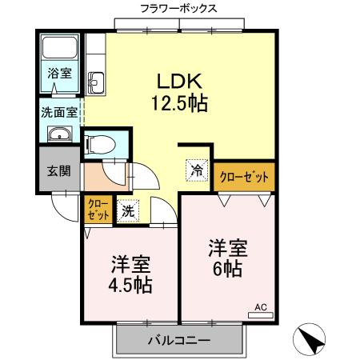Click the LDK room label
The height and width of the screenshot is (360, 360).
[x=183, y=81]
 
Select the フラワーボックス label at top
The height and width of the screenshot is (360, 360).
[x=178, y=10]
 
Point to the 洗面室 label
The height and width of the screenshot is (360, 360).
[x=59, y=112]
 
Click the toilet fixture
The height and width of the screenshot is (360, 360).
[x=100, y=143]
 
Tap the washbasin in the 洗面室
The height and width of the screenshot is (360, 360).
[x=59, y=134]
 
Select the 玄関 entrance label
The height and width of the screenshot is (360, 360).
[x=58, y=170]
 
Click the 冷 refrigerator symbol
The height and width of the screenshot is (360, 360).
[x=197, y=170]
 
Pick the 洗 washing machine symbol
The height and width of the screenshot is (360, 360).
[x=127, y=212]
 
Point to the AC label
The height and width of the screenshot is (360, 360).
[x=261, y=306]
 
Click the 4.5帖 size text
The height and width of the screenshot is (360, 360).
[x=130, y=284]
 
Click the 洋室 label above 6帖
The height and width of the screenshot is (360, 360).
[x=227, y=247]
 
